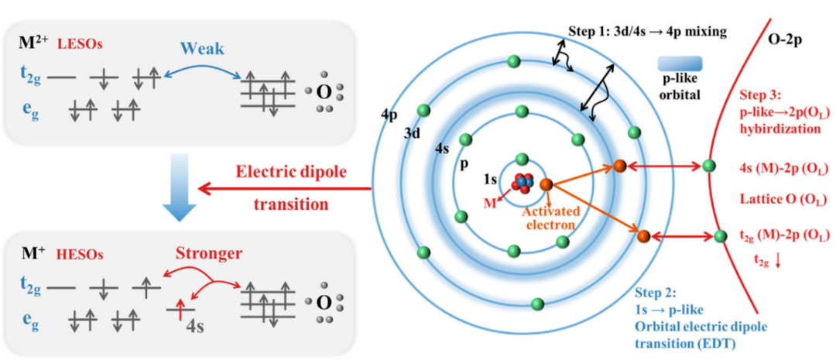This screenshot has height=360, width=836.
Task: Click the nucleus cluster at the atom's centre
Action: [522, 183]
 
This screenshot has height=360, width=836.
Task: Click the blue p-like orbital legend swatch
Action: [679, 63]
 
